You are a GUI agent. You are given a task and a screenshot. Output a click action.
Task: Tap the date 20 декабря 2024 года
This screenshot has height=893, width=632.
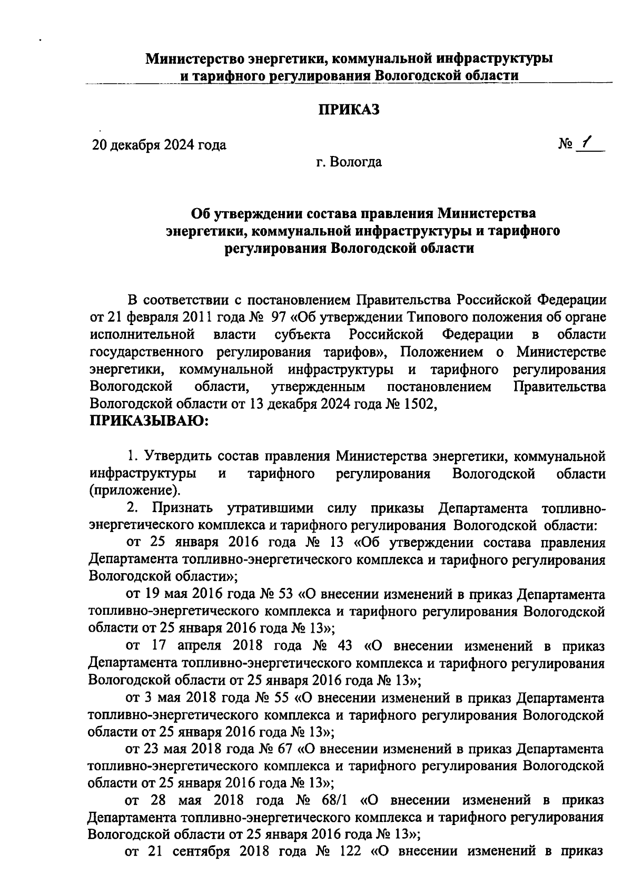tap(159, 145)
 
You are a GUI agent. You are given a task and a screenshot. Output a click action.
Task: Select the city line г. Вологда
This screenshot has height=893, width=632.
tap(348, 162)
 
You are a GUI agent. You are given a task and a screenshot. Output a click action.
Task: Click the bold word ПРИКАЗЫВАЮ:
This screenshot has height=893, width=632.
tap(149, 420)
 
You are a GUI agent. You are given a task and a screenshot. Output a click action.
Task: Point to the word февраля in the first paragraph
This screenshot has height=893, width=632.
tap(148, 317)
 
